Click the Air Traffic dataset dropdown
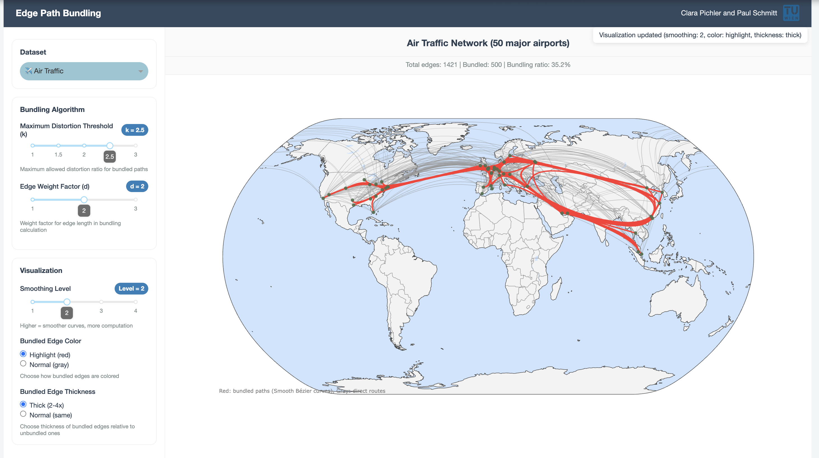click(x=84, y=71)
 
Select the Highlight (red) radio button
click(x=23, y=354)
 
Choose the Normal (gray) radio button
click(x=23, y=364)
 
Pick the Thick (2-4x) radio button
click(x=23, y=404)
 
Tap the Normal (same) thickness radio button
click(x=23, y=414)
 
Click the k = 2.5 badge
click(x=135, y=130)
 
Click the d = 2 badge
click(x=137, y=186)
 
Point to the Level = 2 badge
click(x=131, y=288)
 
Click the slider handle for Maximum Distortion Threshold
click(x=110, y=146)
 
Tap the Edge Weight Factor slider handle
click(x=84, y=200)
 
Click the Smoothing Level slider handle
click(x=67, y=302)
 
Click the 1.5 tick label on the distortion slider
click(x=58, y=155)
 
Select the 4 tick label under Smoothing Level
click(x=136, y=311)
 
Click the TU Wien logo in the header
click(x=791, y=13)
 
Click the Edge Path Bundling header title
click(x=58, y=13)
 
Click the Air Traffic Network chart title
click(x=488, y=43)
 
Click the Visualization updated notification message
click(x=700, y=35)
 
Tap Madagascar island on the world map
click(x=556, y=289)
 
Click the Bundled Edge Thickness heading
click(x=57, y=392)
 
